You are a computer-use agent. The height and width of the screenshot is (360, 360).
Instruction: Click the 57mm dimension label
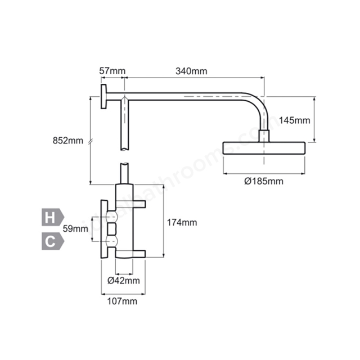pyautogui.click(x=112, y=71)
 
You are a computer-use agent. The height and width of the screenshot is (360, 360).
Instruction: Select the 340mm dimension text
pyautogui.click(x=191, y=71)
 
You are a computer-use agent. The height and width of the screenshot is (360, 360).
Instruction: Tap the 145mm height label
pyautogui.click(x=294, y=120)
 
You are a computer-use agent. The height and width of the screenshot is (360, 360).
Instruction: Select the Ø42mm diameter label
pyautogui.click(x=124, y=280)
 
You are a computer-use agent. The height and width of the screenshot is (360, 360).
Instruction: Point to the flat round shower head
pyautogui.click(x=264, y=148)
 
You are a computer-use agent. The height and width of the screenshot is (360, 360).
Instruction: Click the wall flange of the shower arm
pyautogui.click(x=105, y=97)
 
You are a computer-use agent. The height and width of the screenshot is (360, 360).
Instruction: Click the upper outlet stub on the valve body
pyautogui.click(x=139, y=203)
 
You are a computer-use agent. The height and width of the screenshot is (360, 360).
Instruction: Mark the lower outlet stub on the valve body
pyautogui.click(x=139, y=253)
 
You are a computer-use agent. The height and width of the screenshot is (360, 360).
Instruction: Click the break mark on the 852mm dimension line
pyautogui.click(x=90, y=141)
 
